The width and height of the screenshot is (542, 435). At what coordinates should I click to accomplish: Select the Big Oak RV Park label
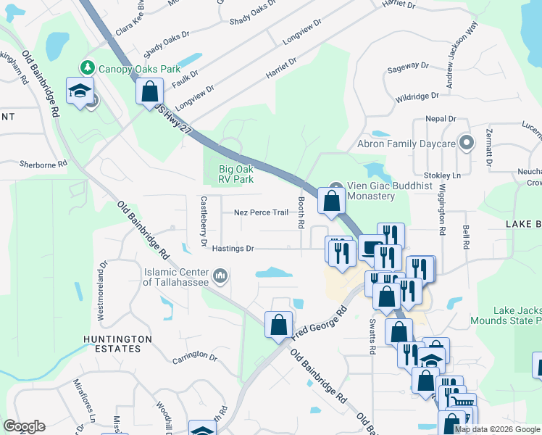pyautogui.click(x=236, y=174)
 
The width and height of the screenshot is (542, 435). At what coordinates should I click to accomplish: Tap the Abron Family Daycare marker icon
pyautogui.click(x=466, y=144)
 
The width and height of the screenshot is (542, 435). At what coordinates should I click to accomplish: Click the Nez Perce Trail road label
pyautogui.click(x=261, y=213)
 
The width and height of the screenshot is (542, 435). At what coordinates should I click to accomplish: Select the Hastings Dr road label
pyautogui.click(x=233, y=249)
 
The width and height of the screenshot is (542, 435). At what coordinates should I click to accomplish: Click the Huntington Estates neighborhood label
pyautogui.click(x=117, y=344)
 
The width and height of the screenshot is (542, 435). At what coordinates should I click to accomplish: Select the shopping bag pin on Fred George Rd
pyautogui.click(x=278, y=326)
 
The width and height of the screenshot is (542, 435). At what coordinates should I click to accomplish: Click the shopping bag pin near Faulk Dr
pyautogui.click(x=149, y=91)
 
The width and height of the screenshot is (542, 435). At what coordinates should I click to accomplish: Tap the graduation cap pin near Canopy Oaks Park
pyautogui.click(x=77, y=91)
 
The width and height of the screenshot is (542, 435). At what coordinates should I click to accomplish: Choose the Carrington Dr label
pyautogui.click(x=195, y=358)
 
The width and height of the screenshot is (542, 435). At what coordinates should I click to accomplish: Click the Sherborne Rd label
pyautogui.click(x=43, y=165)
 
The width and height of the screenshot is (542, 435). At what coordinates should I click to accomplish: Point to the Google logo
pyautogui.click(x=24, y=426)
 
